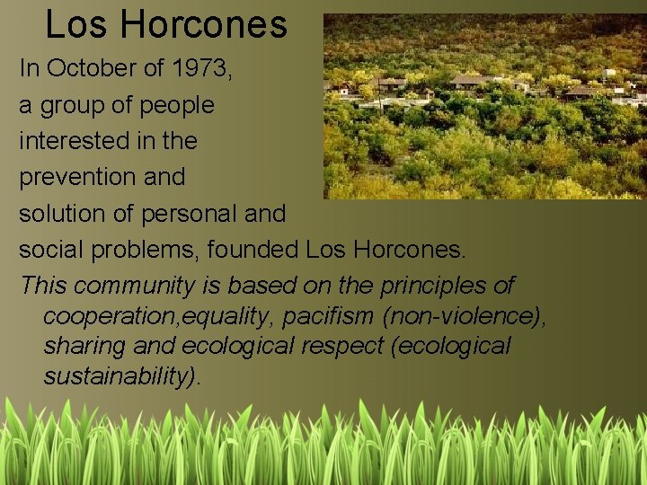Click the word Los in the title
(69, 25)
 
